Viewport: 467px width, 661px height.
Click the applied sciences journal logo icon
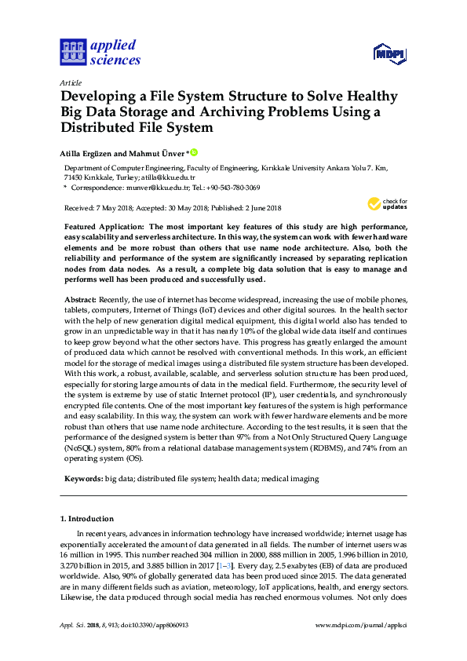click(x=73, y=53)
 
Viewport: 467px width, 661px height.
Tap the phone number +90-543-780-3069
click(x=233, y=188)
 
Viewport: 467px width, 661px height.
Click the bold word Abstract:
click(x=80, y=300)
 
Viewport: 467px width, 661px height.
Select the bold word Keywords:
click(x=82, y=479)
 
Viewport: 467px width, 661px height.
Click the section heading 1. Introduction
click(x=87, y=519)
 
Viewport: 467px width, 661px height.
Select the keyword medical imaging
click(x=290, y=479)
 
